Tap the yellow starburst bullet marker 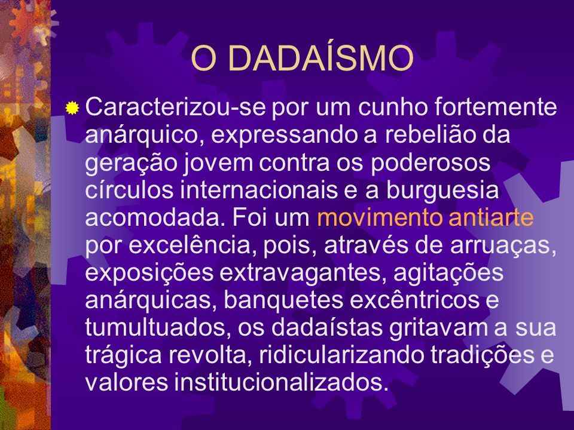click(72, 108)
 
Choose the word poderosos click(430, 162)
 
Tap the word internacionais click(259, 190)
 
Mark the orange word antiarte click(491, 217)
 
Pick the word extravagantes click(303, 273)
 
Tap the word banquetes click(283, 300)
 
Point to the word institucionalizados click(281, 383)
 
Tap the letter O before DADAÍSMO click(203, 59)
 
